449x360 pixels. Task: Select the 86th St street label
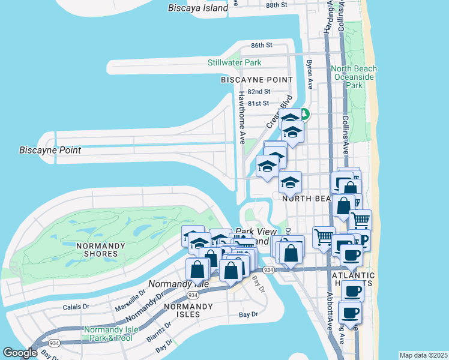262,46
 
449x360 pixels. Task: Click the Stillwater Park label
235,62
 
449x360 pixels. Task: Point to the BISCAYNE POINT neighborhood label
257,80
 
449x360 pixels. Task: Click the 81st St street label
259,104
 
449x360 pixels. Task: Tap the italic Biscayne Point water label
50,150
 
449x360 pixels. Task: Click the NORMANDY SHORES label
101,250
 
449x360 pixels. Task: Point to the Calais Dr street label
76,307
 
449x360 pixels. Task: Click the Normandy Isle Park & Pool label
108,334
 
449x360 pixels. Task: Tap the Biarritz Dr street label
158,331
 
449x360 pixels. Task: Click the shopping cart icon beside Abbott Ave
324,238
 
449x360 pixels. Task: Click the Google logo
20,353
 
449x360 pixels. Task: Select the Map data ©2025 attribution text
423,355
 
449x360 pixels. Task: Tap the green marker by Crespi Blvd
304,113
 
